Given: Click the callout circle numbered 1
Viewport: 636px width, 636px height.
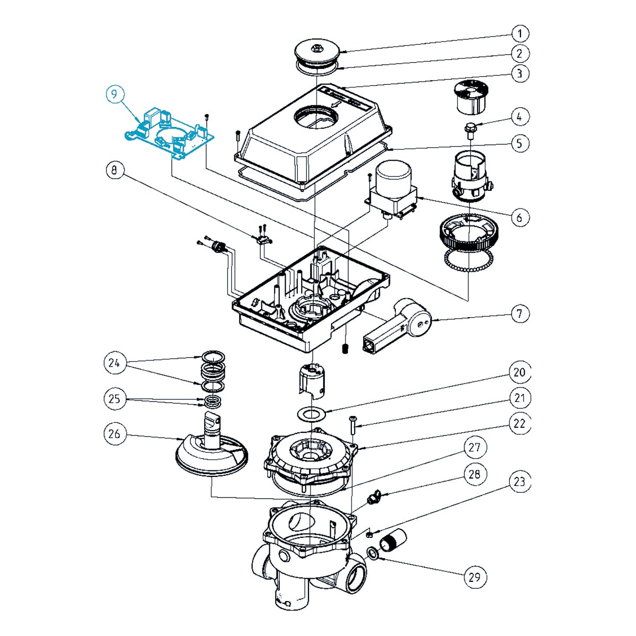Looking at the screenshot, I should coord(520,34).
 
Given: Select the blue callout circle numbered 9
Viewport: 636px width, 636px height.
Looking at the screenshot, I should coord(115,94).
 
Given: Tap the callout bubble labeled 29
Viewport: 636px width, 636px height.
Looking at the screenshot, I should coord(474,576).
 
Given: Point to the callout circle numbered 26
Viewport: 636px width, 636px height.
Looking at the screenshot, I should coord(114,434).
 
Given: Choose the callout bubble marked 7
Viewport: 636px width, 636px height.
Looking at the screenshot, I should coord(520,313).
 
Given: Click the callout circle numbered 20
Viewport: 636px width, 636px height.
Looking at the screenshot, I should coord(520,372).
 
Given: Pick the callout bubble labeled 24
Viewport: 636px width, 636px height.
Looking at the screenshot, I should coord(114,363).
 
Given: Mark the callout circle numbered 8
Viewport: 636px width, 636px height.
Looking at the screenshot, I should coord(114,171).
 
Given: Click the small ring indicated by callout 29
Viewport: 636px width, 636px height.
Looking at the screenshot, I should coord(373,554).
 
